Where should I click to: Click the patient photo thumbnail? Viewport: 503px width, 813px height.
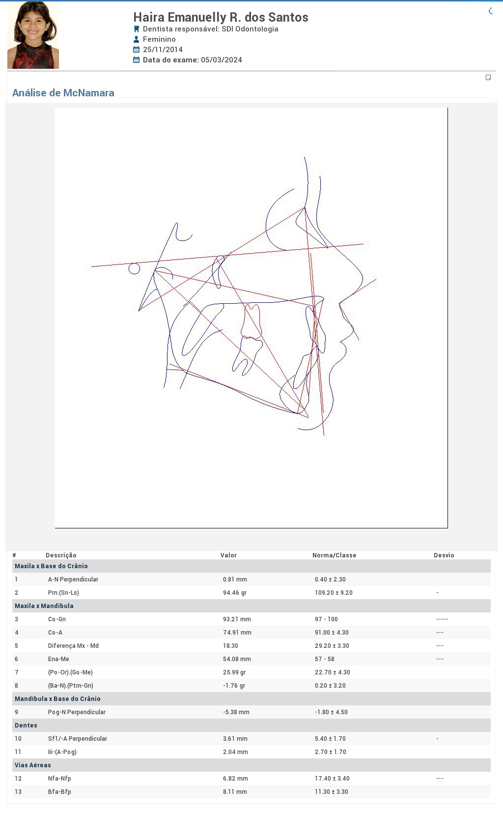33,35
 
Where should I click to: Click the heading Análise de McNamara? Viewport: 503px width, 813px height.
63,93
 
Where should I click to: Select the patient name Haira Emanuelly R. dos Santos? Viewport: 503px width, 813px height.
221,17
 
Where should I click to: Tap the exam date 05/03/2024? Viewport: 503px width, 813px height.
222,60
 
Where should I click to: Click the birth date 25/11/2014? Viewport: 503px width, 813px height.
163,49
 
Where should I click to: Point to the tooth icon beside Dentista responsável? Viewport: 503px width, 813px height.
137,29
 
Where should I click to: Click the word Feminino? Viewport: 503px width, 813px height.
159,39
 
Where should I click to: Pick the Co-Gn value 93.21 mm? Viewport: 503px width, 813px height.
237,619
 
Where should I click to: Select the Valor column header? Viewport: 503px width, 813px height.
228,555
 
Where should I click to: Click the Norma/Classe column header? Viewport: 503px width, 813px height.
335,555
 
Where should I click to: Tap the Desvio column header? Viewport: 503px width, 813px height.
444,555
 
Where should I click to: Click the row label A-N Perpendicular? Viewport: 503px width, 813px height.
73,579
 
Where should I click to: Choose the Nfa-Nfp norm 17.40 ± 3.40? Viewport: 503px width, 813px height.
332,778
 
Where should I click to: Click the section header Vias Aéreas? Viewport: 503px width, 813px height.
32,765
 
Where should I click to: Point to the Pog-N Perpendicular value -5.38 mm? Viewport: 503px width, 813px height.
236,712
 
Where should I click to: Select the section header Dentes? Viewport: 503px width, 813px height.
26,725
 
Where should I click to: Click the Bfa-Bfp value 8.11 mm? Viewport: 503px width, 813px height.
235,791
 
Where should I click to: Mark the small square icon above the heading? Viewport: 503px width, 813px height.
488,77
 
